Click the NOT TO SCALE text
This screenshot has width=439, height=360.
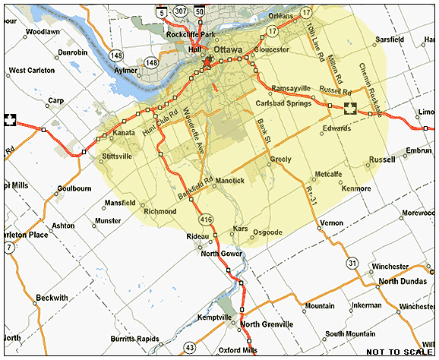click(x=400, y=352)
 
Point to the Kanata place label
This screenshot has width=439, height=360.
click(x=123, y=133)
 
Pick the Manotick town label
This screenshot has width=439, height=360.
click(x=229, y=181)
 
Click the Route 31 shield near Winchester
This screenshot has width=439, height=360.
click(x=352, y=263)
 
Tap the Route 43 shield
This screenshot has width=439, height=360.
click(x=190, y=348)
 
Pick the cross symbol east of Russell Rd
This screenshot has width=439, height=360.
click(x=350, y=108)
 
